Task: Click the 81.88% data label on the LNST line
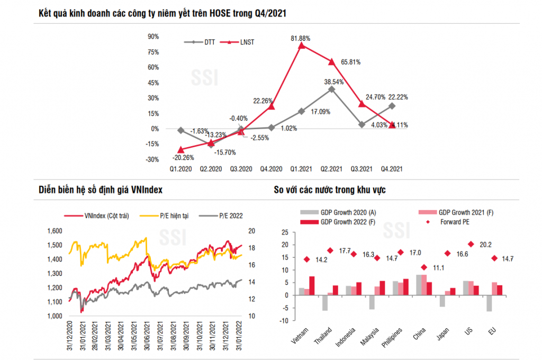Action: (300, 38)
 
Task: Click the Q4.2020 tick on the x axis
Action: (271, 169)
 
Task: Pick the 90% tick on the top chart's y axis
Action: (153, 37)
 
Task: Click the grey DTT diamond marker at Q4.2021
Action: (392, 106)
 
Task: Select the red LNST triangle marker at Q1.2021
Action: (302, 46)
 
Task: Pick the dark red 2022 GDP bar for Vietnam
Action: (312, 285)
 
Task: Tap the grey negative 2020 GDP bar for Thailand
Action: (325, 302)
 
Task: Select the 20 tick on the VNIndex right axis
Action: (252, 231)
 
